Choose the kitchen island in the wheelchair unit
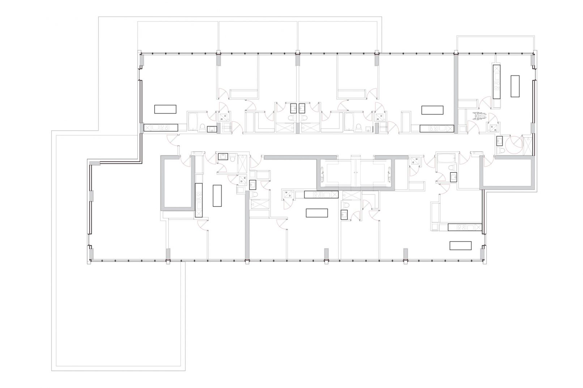point(515,86)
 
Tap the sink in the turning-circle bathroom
point(501,140)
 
